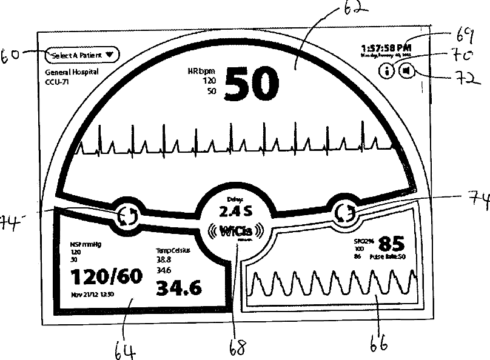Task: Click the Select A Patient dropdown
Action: click(x=82, y=55)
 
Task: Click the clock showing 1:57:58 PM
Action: click(x=386, y=47)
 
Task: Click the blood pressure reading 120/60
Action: click(x=107, y=277)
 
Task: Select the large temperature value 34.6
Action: click(x=179, y=288)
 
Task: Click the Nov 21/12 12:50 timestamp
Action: click(x=93, y=295)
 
